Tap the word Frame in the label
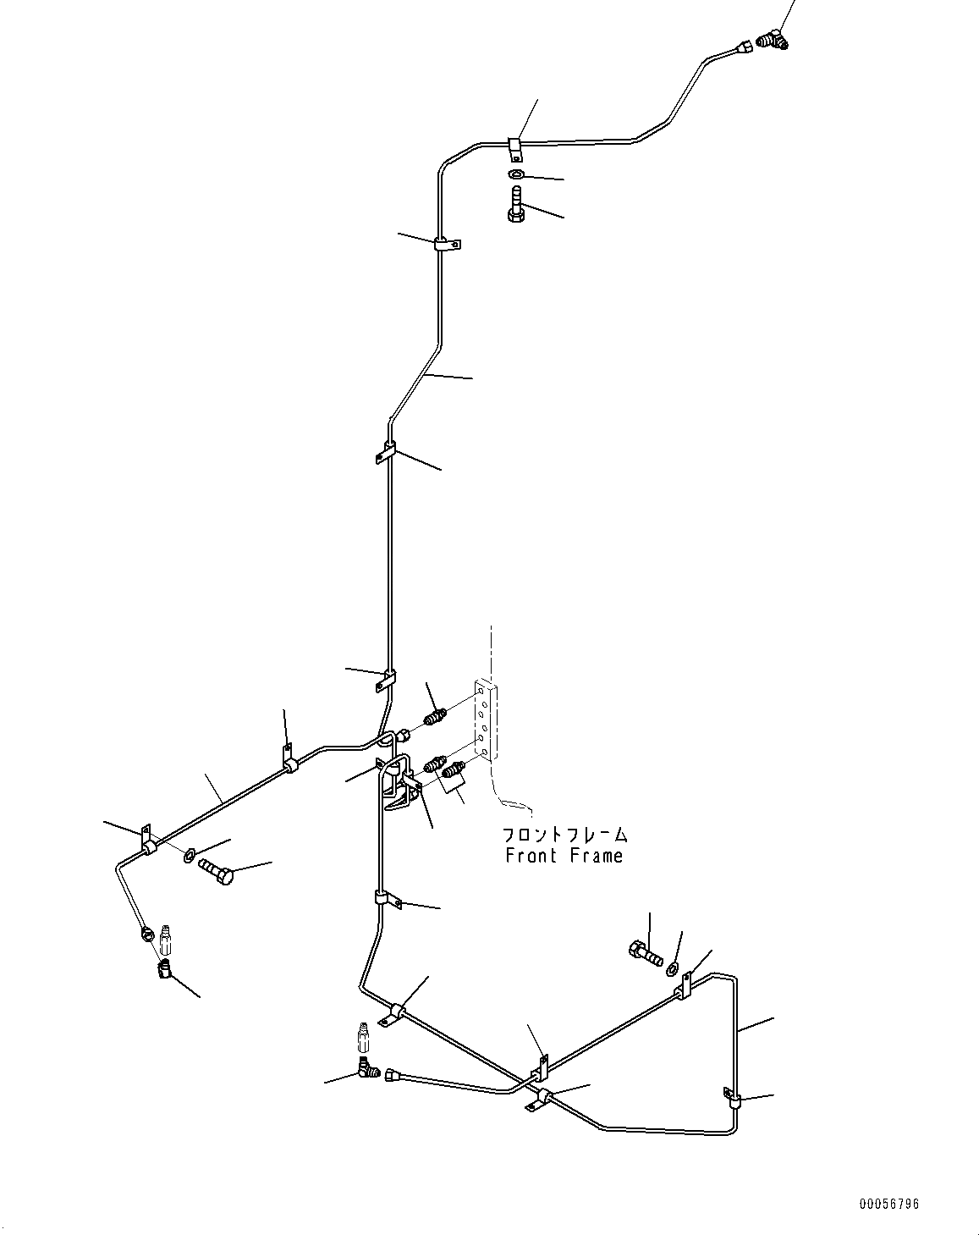(596, 856)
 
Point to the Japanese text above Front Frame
(564, 835)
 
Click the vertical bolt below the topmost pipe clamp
(515, 204)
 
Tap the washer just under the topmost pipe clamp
(516, 174)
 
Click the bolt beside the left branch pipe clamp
(215, 871)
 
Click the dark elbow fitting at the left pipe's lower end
(164, 967)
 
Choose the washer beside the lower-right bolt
(673, 968)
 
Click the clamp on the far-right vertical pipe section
(734, 1099)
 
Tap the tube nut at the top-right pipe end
(744, 47)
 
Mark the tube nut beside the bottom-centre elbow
(393, 1074)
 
